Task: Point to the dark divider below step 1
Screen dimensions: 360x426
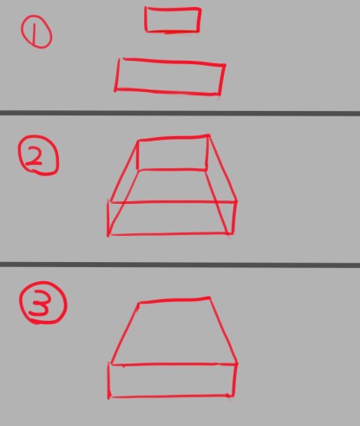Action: point(180,113)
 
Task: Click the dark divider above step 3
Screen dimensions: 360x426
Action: point(180,265)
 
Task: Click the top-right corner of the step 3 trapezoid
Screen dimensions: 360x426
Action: point(210,297)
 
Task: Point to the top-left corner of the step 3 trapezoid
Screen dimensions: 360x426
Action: point(139,303)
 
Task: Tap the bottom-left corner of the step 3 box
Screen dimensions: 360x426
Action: point(109,397)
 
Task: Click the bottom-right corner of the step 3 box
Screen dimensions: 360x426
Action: point(232,396)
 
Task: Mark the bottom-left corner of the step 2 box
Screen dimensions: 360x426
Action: point(108,235)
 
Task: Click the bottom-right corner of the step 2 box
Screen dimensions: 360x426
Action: point(232,233)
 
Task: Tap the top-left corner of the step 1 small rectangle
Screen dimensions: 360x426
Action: point(147,8)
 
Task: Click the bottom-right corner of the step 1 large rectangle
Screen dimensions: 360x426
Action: point(220,94)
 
